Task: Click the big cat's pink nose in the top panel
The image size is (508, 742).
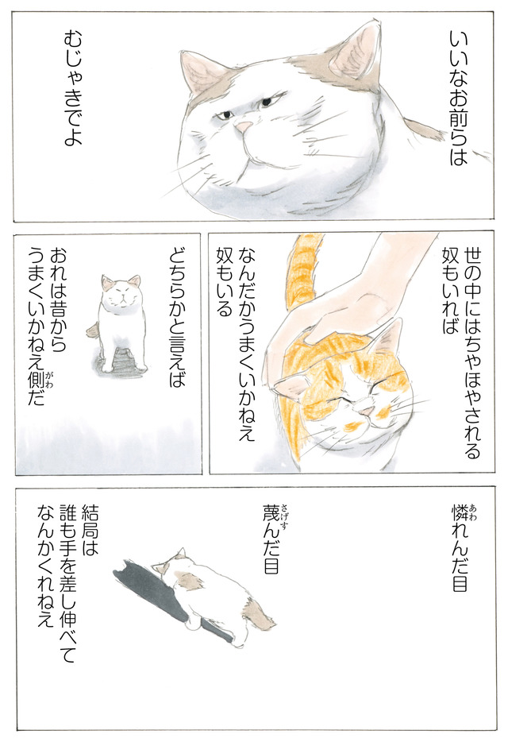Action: click(244, 127)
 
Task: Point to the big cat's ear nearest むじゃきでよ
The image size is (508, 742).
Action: click(201, 72)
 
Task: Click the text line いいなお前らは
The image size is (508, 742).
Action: click(457, 98)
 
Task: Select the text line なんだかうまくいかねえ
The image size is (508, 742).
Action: click(248, 344)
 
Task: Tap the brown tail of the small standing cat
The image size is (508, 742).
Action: click(92, 329)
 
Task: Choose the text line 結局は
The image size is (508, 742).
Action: click(90, 530)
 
